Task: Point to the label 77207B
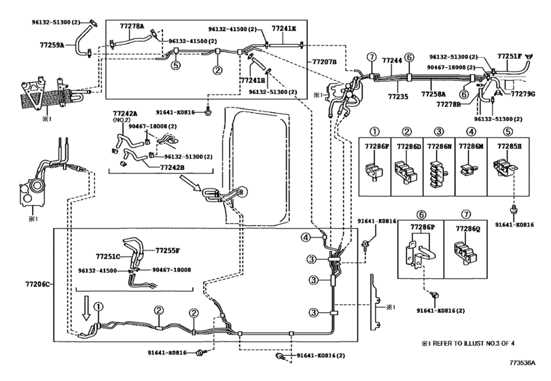pos(324,62)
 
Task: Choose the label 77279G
pos(523,94)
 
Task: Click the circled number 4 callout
pos(306,237)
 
